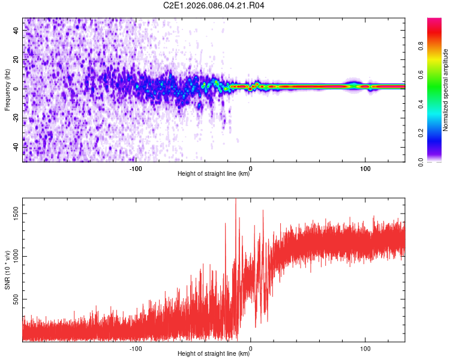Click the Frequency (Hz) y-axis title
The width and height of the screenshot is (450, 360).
point(8,91)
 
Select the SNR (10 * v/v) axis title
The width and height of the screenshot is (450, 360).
point(8,270)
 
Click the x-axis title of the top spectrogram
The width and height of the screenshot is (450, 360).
point(214,174)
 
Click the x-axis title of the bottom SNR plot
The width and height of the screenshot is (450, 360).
point(214,354)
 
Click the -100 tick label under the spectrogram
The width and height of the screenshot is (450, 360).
point(136,168)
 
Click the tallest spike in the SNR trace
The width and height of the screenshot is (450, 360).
point(236,200)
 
